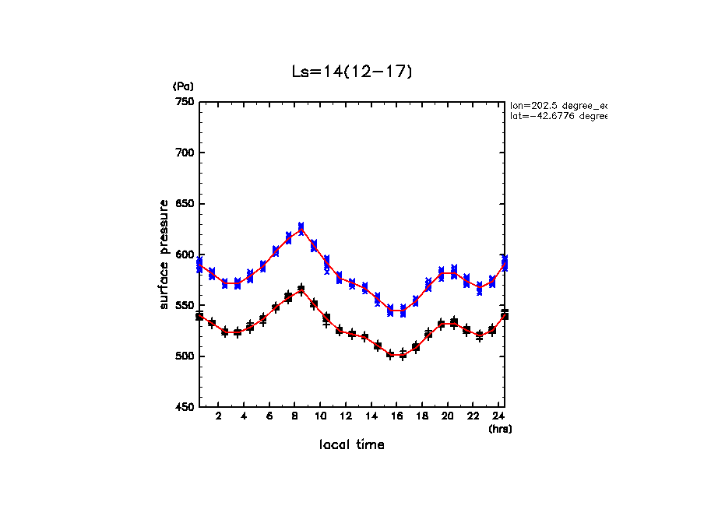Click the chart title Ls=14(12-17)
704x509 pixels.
[x=351, y=72]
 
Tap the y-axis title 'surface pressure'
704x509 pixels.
[x=164, y=254]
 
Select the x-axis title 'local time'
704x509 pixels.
[x=351, y=445]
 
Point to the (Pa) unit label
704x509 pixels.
[x=183, y=86]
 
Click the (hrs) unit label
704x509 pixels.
[x=500, y=429]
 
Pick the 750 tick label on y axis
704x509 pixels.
[x=185, y=102]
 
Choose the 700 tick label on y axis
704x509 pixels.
[x=185, y=153]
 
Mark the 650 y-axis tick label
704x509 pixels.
[x=185, y=204]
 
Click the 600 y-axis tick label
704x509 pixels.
[x=185, y=254]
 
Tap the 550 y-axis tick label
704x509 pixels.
[x=185, y=306]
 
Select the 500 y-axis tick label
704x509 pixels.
[x=185, y=356]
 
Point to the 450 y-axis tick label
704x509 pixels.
[x=185, y=408]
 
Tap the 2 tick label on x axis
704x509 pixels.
[x=219, y=417]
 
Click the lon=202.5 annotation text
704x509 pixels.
[x=558, y=105]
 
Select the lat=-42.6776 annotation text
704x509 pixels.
[x=558, y=116]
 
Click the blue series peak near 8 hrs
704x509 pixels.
[x=301, y=228]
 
